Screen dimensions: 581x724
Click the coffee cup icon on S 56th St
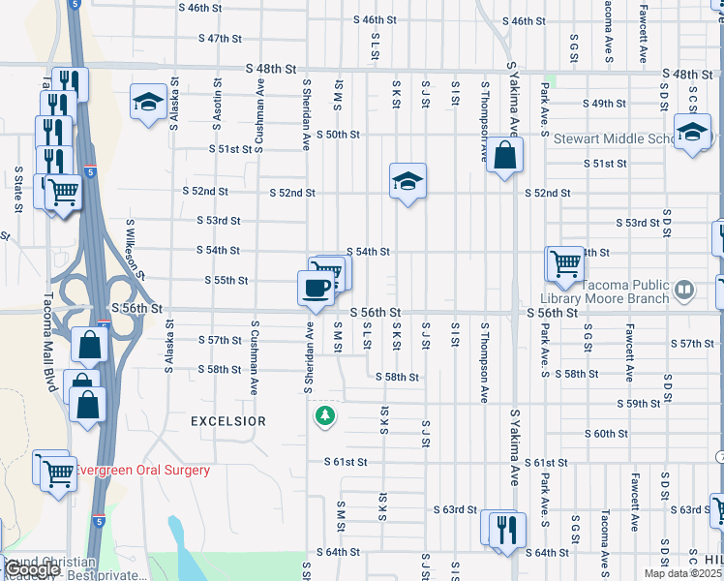click(x=317, y=288)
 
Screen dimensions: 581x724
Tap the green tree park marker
click(x=326, y=415)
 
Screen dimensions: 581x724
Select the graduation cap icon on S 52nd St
click(x=408, y=179)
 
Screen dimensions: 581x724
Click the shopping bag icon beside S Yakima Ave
click(x=505, y=154)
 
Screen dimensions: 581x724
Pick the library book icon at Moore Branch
click(x=684, y=289)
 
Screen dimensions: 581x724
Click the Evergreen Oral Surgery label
click(x=142, y=471)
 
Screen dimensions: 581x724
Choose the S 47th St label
click(x=219, y=39)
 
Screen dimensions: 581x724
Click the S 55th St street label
click(x=226, y=281)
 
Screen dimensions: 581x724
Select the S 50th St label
click(x=339, y=135)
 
